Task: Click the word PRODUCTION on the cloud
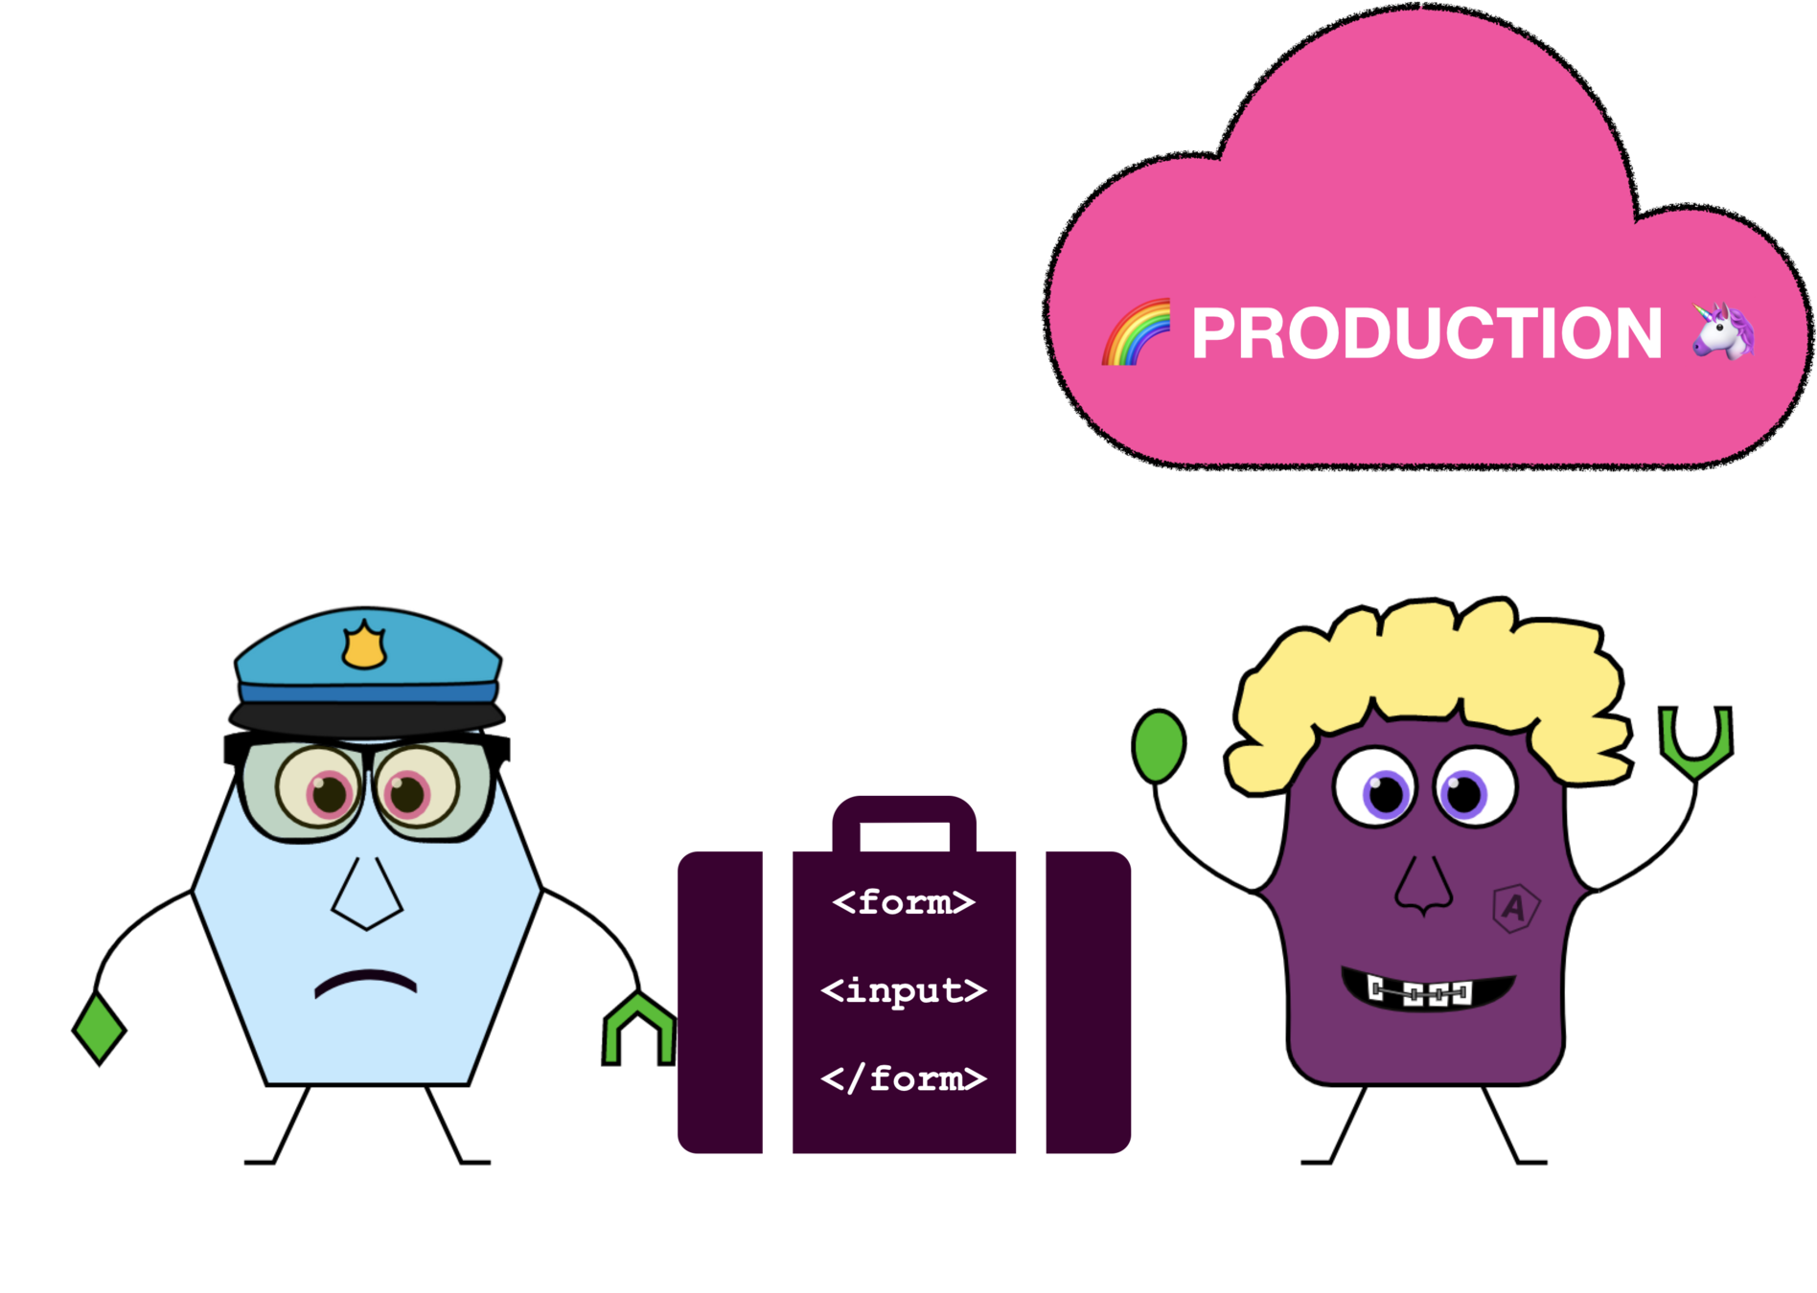point(1426,333)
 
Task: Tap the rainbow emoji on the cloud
point(1138,332)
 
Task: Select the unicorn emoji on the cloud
point(1723,330)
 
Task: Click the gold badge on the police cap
point(364,646)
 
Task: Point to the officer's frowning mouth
point(365,983)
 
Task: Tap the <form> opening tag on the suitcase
point(904,902)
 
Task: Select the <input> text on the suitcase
point(904,990)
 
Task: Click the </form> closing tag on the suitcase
point(904,1078)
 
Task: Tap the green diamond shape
point(99,1028)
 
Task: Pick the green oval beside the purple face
point(1159,746)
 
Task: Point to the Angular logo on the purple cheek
point(1515,907)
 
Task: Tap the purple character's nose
point(1424,886)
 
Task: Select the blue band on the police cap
point(368,692)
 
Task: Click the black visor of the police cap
point(367,719)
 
